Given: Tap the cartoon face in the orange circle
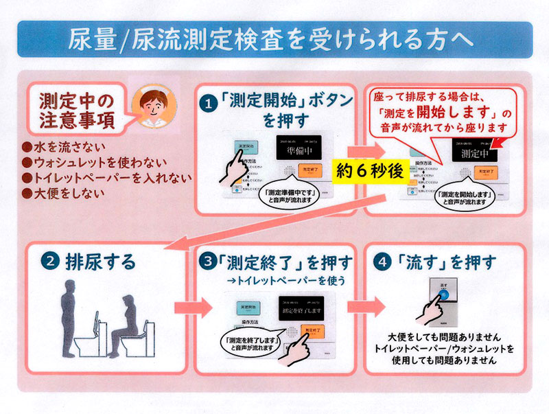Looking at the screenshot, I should pyautogui.click(x=152, y=104).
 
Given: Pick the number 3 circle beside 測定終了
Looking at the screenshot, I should pyautogui.click(x=209, y=262).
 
